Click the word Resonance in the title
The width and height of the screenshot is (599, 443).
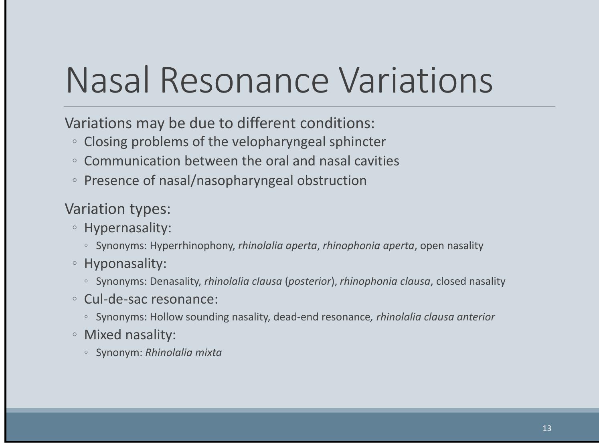[245, 81]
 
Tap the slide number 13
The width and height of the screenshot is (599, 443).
[546, 428]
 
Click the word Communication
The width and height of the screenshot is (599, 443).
[132, 161]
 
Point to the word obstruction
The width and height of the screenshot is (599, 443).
[332, 180]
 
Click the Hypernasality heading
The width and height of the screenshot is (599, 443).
[128, 228]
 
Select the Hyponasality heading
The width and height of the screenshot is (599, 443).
[125, 264]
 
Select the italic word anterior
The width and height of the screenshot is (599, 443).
[476, 317]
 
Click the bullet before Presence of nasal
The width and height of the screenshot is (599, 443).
[75, 180]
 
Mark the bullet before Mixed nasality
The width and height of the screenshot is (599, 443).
[75, 334]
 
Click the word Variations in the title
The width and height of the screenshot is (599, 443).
[416, 81]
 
